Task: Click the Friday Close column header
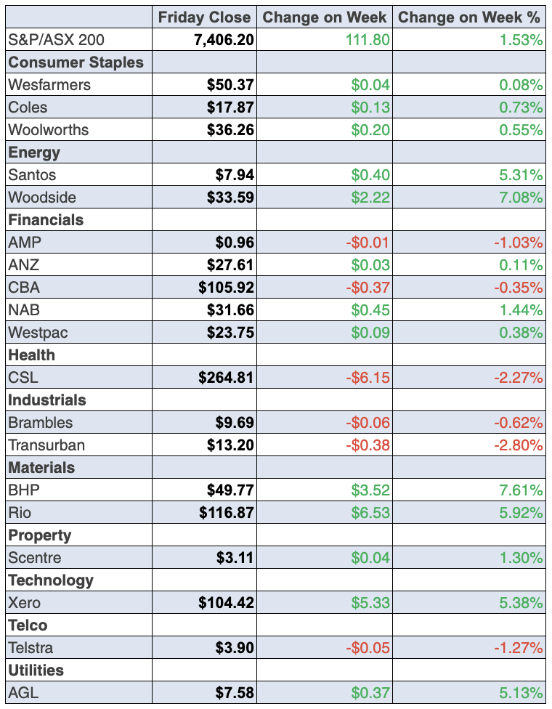click(204, 17)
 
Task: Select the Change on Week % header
click(471, 17)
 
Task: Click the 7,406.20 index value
click(224, 39)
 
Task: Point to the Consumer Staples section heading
click(76, 62)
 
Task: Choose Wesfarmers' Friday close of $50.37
click(230, 85)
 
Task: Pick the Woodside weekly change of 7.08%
click(521, 198)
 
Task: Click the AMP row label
click(24, 242)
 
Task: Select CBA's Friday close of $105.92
click(226, 287)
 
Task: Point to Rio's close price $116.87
click(226, 513)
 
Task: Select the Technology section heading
click(51, 580)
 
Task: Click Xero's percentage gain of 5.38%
click(521, 603)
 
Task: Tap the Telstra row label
click(31, 648)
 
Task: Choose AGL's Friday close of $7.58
click(235, 693)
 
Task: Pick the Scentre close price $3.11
click(235, 558)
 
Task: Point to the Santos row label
click(32, 175)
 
